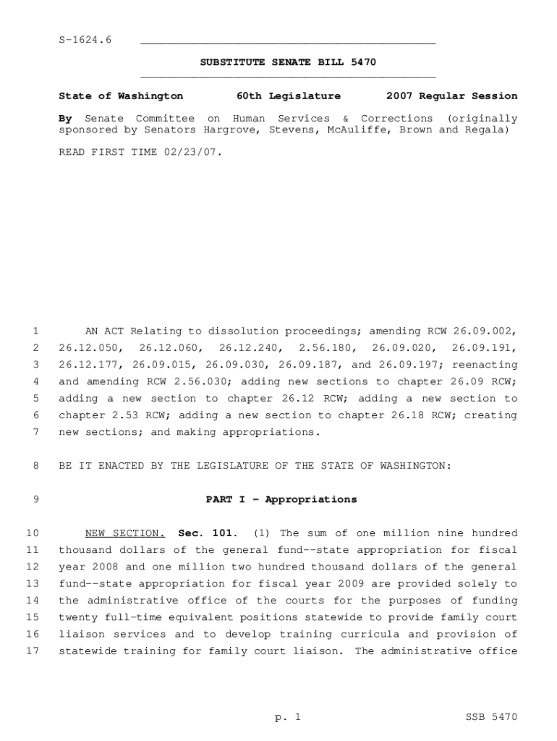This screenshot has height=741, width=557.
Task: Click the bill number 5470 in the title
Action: (362, 63)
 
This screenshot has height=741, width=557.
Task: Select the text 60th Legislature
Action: (289, 96)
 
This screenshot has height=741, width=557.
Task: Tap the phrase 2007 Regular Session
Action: (451, 96)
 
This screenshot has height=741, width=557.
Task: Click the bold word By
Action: (65, 119)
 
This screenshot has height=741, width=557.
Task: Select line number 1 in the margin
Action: (35, 331)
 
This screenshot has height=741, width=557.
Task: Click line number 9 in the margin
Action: (35, 499)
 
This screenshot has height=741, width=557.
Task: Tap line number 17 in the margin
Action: (32, 651)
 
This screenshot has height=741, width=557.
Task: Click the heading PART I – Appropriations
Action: (281, 499)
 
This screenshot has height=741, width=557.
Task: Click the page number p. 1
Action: (287, 717)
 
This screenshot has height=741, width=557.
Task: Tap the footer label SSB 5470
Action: (491, 717)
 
